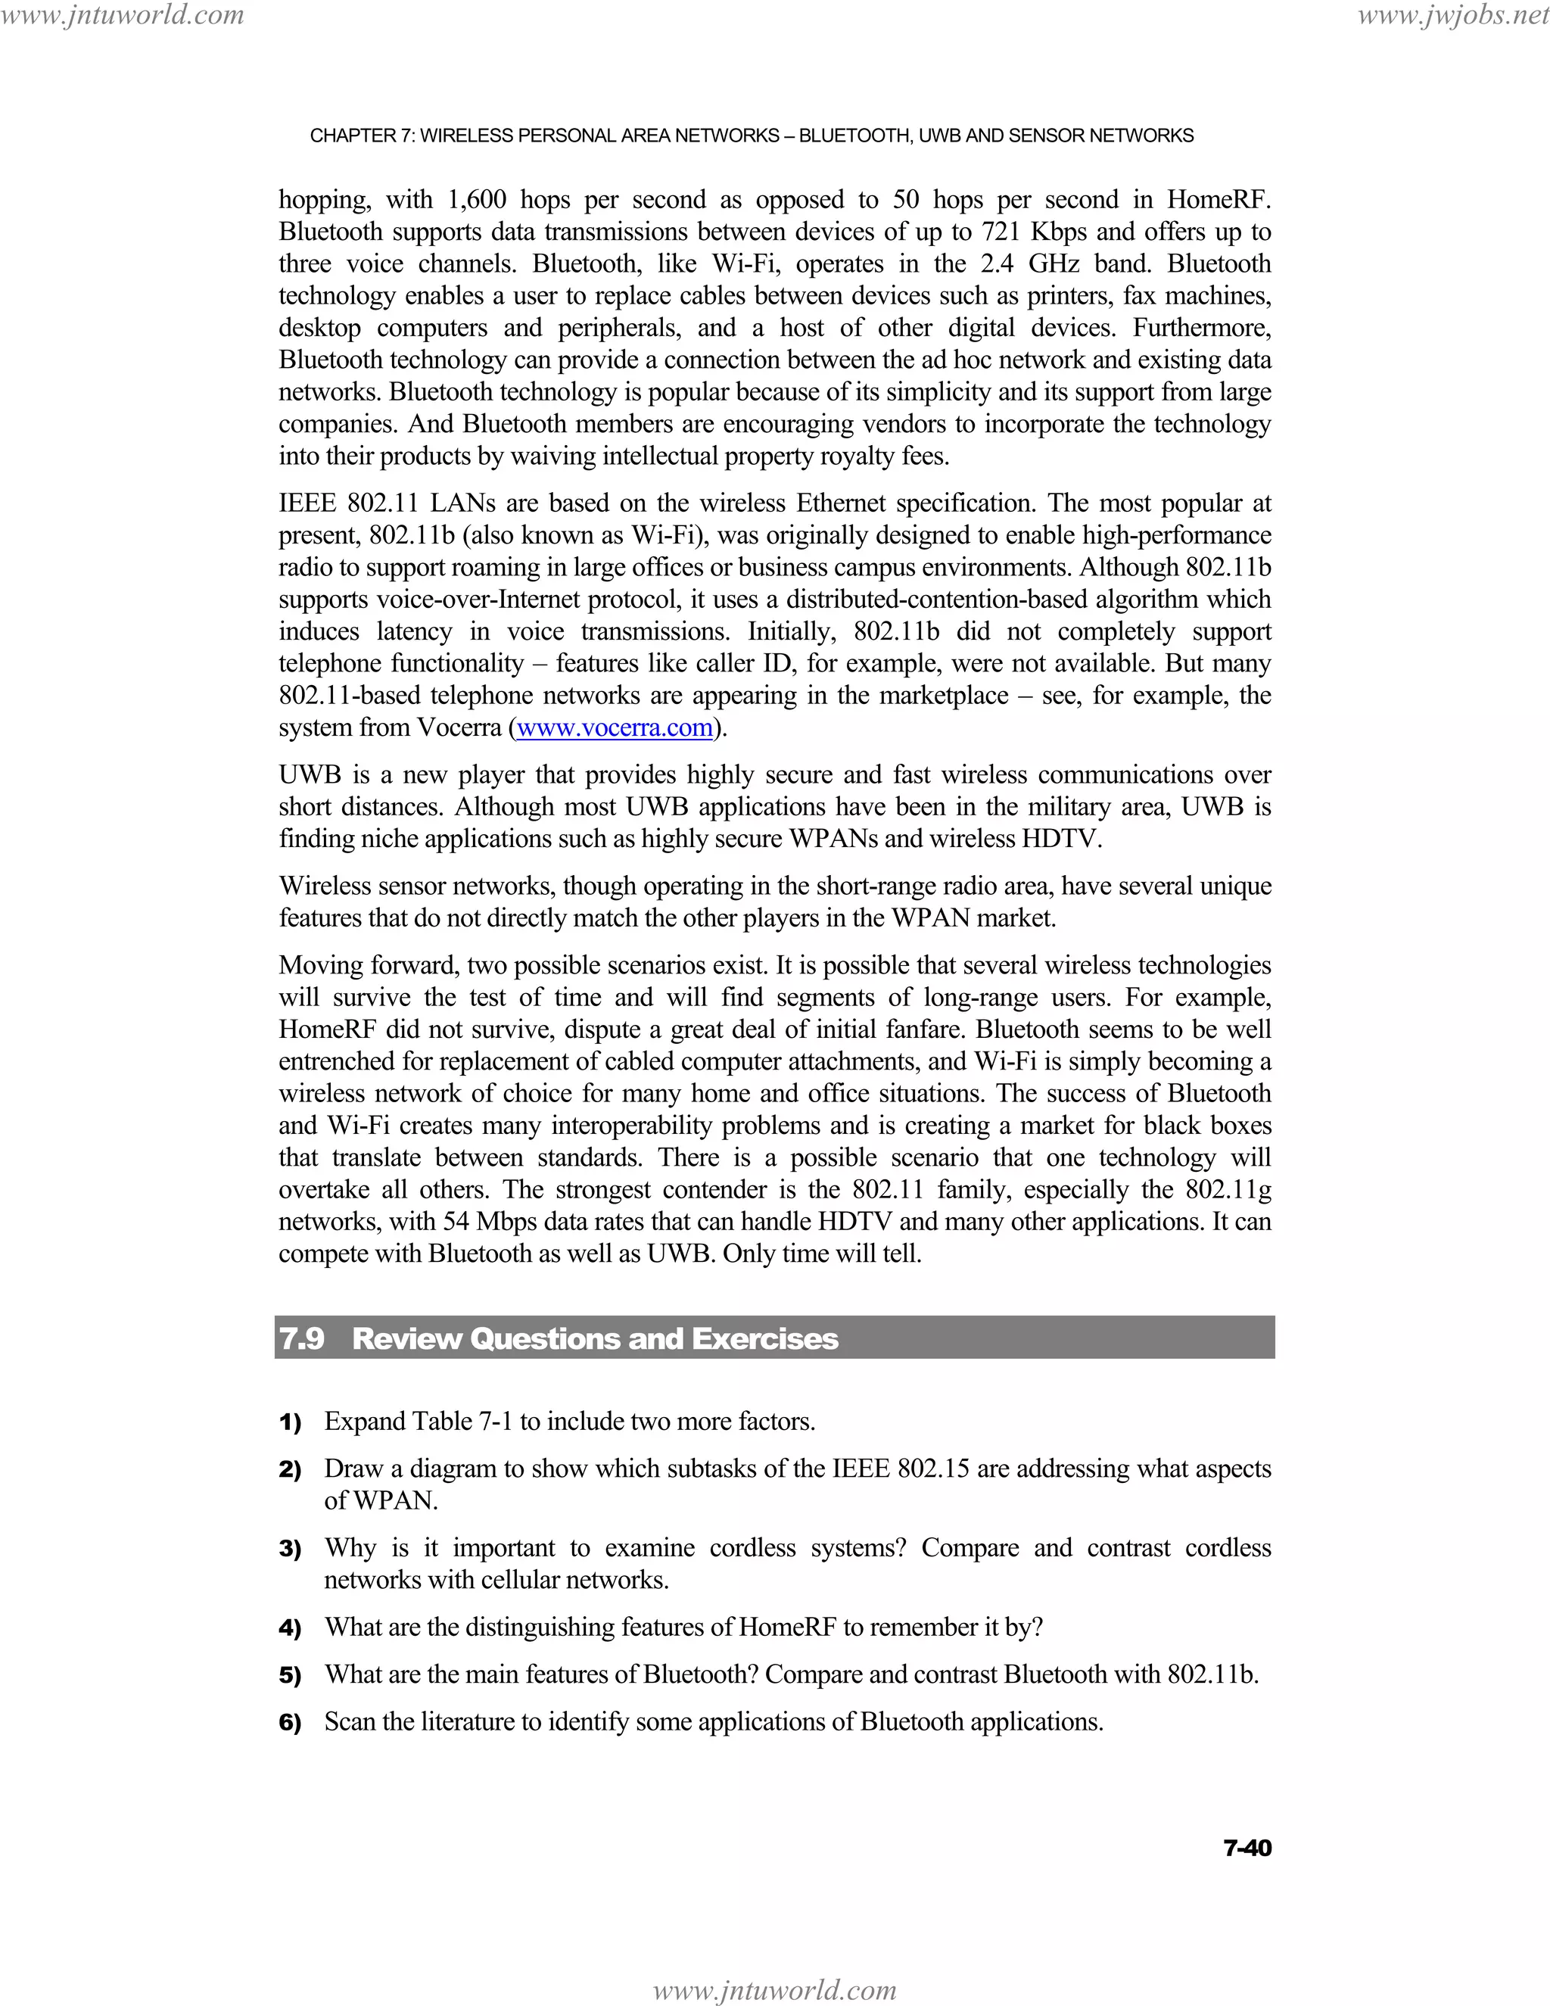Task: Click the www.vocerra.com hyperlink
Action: pos(615,728)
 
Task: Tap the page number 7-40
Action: pos(1247,1848)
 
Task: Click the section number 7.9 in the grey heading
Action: pos(302,1338)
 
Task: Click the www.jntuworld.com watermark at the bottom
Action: pos(774,1990)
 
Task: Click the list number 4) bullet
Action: pos(290,1628)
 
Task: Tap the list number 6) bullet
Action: pos(290,1722)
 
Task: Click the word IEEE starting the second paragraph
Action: pos(307,504)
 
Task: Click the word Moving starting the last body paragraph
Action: pos(320,966)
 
